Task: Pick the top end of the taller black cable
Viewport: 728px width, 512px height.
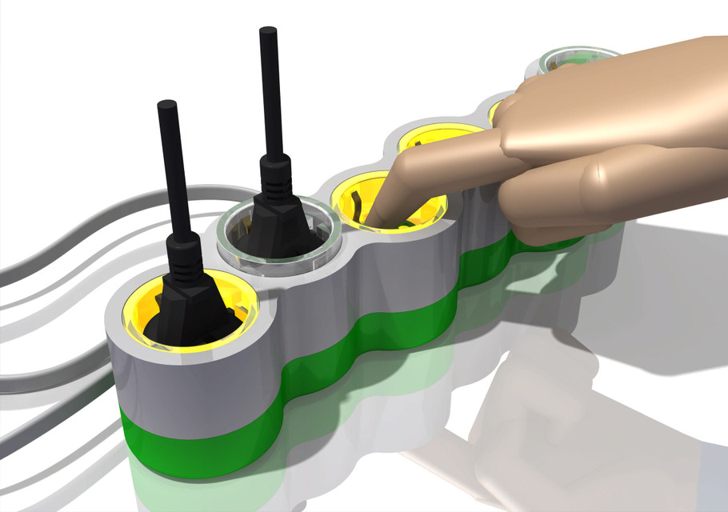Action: click(267, 32)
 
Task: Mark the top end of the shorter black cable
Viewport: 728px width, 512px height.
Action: click(167, 106)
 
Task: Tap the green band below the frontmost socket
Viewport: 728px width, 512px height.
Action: click(200, 448)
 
